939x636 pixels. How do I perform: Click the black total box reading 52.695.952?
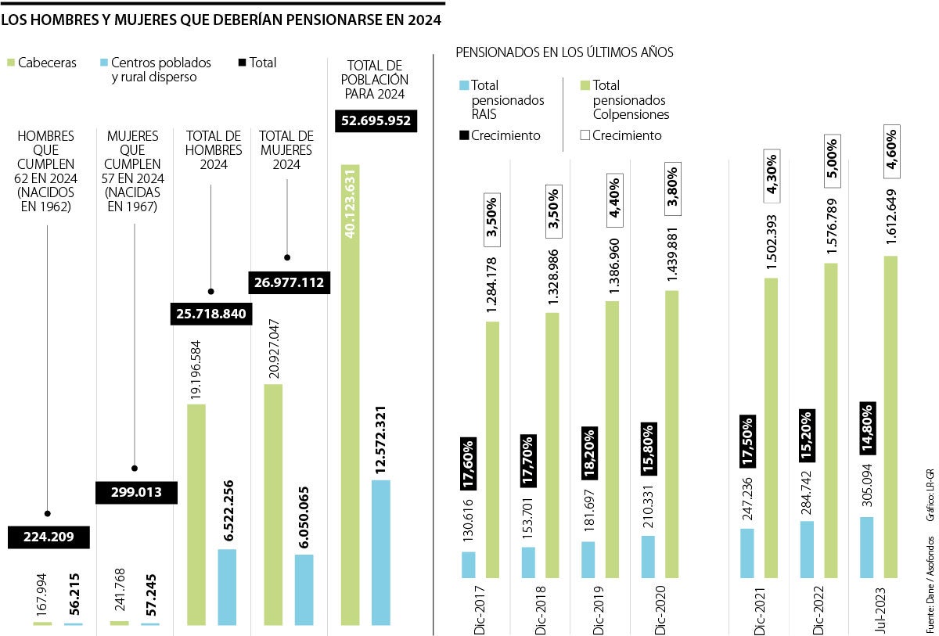[376, 121]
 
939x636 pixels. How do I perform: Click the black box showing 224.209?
[49, 537]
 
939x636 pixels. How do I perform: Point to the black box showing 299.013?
[135, 491]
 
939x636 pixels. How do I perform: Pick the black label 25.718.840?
[210, 314]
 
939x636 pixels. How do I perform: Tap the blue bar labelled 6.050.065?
[304, 579]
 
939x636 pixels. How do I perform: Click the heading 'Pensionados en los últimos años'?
[564, 52]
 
